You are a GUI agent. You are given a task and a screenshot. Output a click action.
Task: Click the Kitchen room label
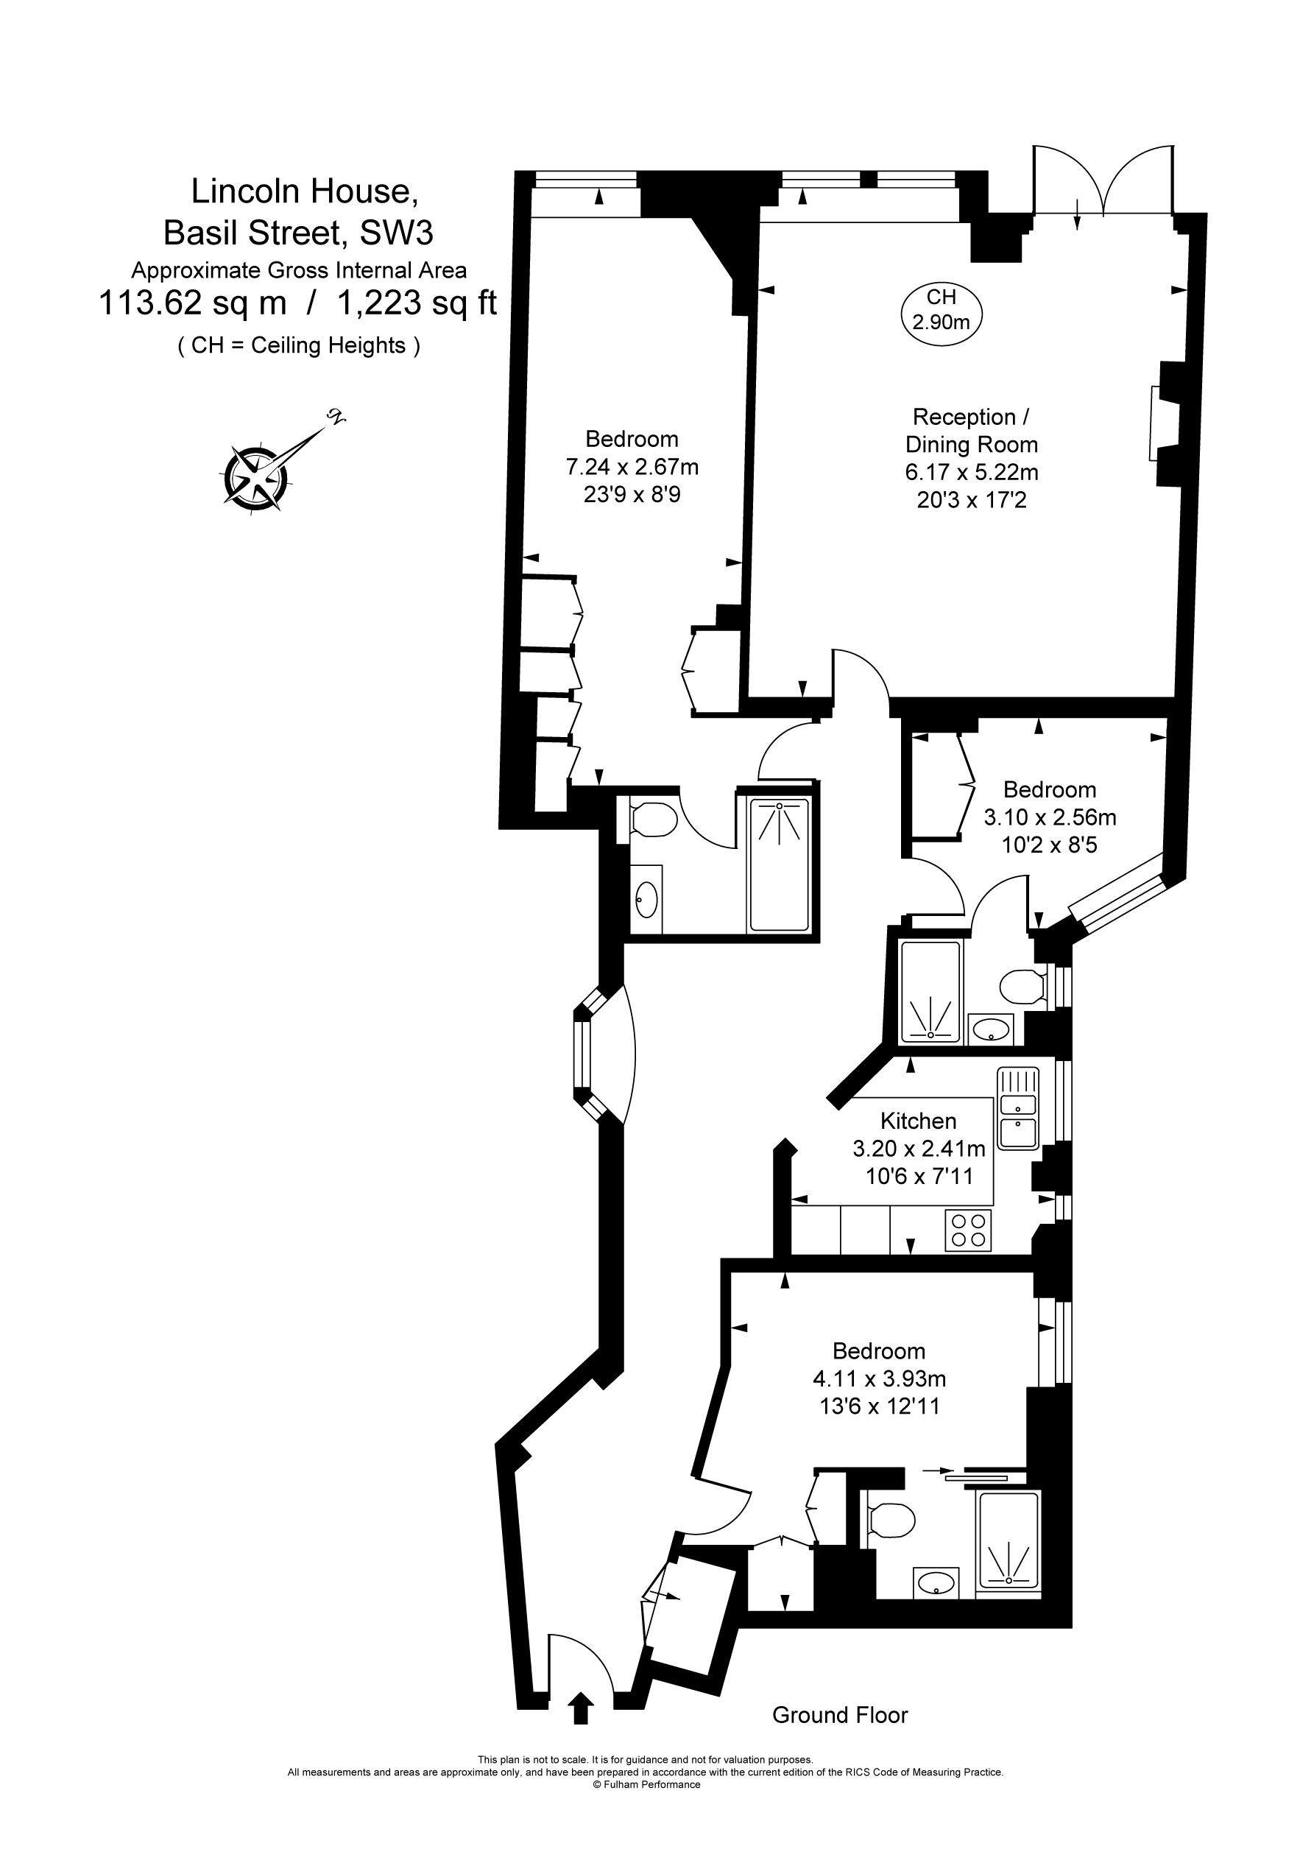coord(918,1121)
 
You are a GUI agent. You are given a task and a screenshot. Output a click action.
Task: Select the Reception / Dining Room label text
coord(970,430)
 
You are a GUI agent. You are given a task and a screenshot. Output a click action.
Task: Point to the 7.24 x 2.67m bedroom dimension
coord(632,467)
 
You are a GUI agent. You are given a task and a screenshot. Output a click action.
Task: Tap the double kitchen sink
coord(1018,1108)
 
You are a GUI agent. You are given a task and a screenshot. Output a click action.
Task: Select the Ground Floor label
coord(840,1714)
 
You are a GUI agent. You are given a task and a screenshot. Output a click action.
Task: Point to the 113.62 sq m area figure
coord(192,303)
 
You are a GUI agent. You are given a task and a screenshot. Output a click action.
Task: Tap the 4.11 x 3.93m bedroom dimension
coord(879,1378)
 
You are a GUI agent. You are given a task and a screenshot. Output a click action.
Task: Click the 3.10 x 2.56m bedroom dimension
coord(1049,817)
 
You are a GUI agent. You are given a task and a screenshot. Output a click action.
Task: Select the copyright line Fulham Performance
coord(646,1784)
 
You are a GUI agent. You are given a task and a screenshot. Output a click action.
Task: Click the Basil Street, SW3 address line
coord(298,233)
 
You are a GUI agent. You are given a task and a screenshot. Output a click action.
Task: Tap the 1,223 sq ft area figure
coord(416,303)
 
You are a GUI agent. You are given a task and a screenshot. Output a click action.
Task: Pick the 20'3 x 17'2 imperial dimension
coord(971,500)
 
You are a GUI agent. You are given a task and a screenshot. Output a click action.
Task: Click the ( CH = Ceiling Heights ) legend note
coord(299,346)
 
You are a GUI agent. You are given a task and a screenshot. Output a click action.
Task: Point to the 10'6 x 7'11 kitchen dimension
coord(919,1175)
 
